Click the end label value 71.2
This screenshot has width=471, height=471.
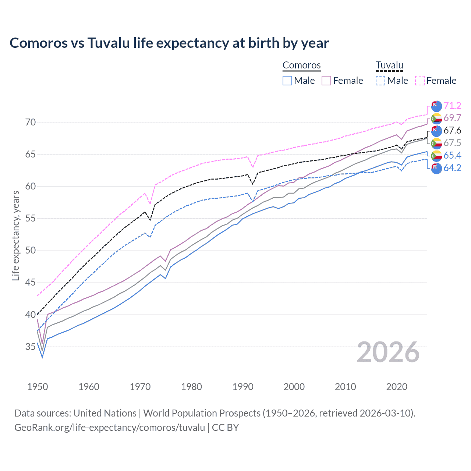[452, 106]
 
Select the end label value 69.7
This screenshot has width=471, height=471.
[452, 118]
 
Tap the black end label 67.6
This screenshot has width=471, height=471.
[452, 130]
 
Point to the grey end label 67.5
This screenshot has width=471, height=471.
[452, 143]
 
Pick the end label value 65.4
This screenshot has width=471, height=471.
[452, 155]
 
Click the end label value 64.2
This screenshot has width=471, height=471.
[452, 168]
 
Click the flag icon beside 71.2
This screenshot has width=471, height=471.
[436, 106]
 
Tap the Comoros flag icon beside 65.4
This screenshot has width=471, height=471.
[436, 156]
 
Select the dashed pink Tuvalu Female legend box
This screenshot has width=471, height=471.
[420, 81]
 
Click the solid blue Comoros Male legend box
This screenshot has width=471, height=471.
[287, 81]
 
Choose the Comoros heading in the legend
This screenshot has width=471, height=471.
[302, 65]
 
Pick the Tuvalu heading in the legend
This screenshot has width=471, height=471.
[389, 65]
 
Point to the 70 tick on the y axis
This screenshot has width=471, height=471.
[31, 122]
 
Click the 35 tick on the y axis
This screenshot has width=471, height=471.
[31, 347]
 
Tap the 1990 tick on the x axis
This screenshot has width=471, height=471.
[243, 387]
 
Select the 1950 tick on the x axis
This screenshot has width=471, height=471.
[38, 387]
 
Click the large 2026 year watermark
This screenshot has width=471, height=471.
[388, 352]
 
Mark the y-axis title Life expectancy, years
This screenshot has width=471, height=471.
[15, 235]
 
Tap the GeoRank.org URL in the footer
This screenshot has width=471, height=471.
[110, 427]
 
